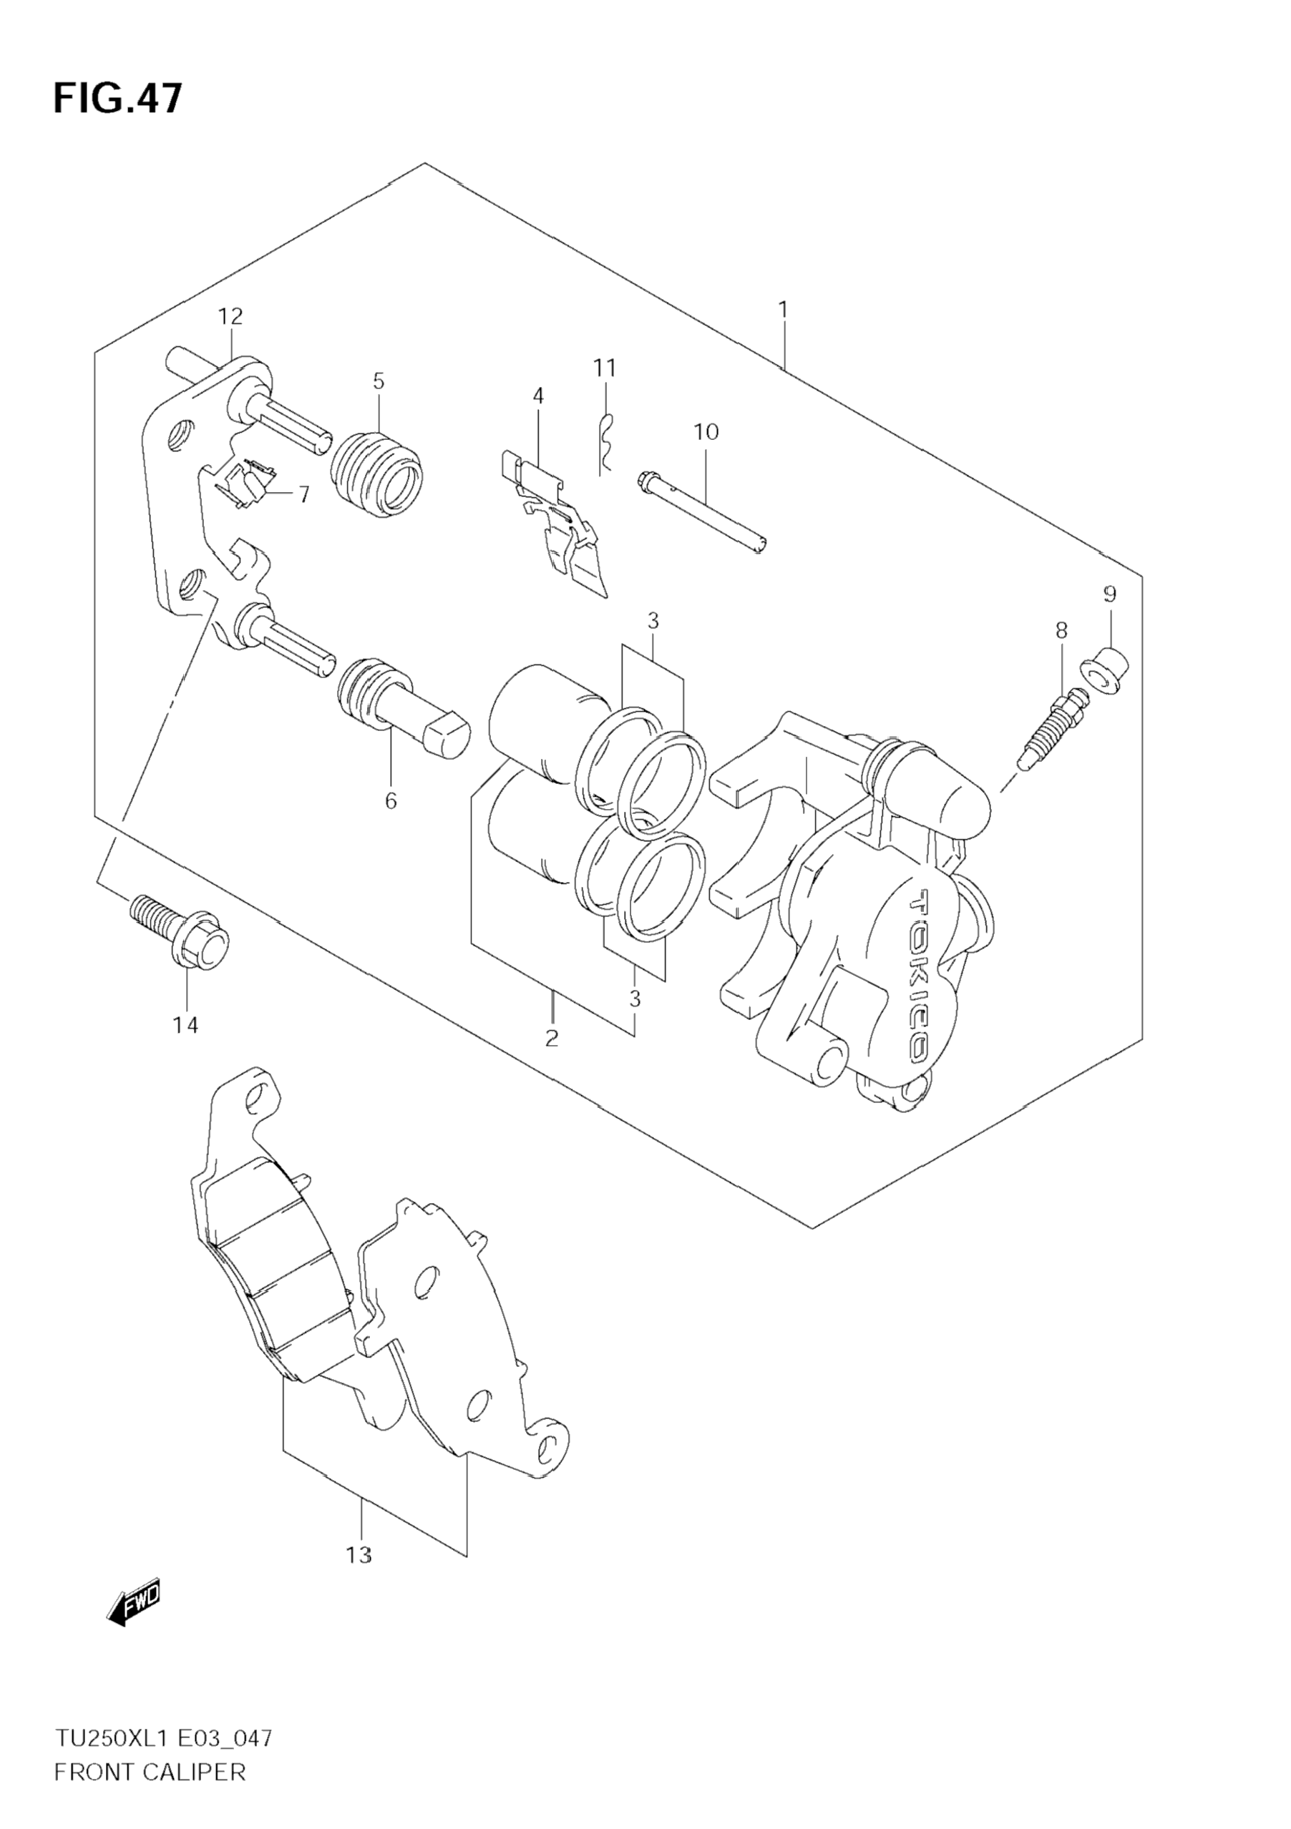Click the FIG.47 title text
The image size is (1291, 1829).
[118, 99]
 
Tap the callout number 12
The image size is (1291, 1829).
[230, 316]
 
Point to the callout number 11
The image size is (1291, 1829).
[605, 368]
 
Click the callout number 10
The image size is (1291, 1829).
[706, 432]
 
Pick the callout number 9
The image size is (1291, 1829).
[1109, 594]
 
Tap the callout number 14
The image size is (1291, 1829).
[185, 1025]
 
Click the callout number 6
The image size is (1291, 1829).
[391, 800]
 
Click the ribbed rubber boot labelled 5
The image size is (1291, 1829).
[376, 474]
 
